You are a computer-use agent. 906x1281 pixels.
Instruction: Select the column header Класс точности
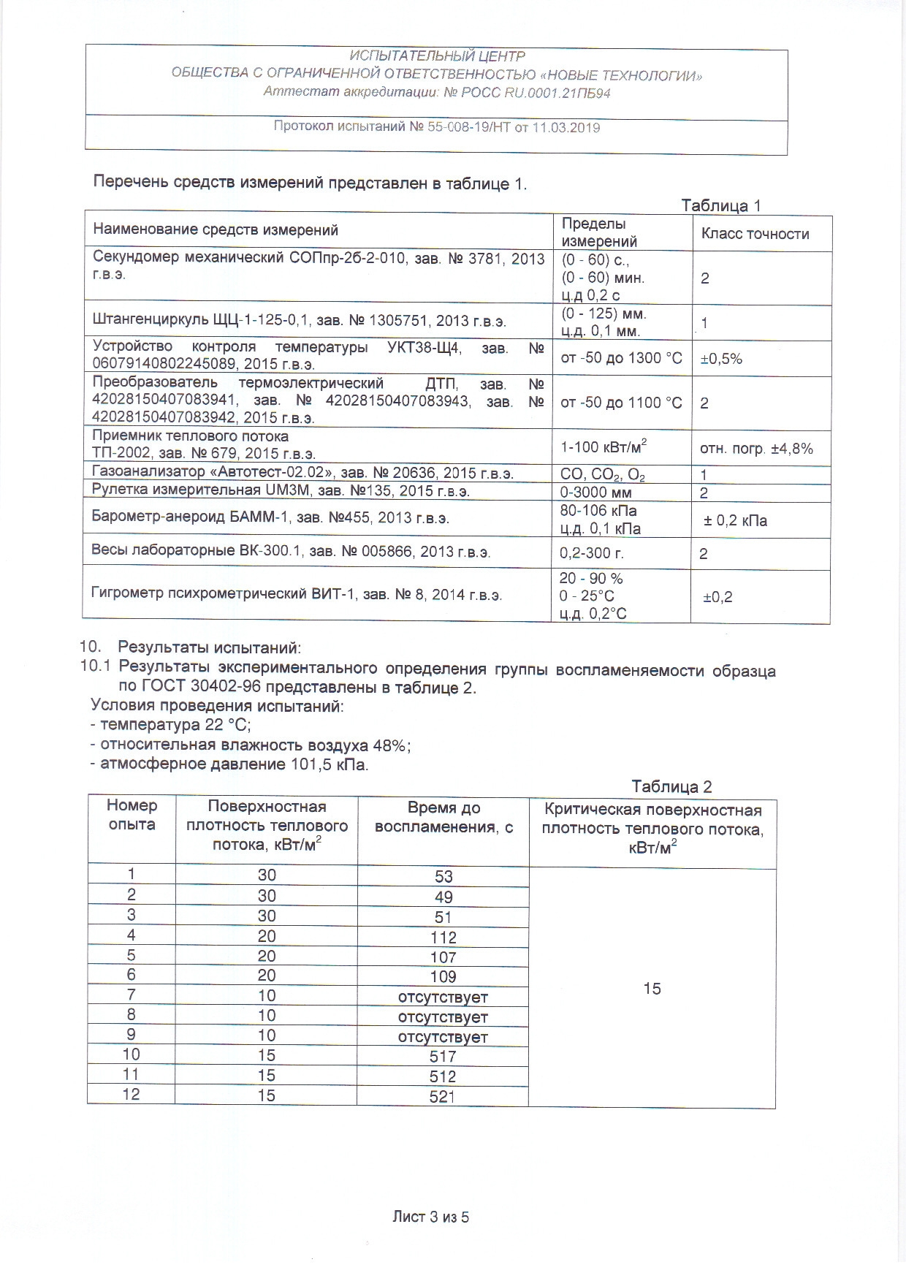pos(755,234)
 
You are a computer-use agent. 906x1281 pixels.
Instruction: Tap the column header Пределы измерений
pos(599,232)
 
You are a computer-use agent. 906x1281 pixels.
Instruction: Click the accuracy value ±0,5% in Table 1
pos(721,359)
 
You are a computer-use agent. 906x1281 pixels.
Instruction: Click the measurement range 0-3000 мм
pos(595,493)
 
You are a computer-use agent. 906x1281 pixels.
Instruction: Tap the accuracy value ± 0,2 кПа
pos(735,521)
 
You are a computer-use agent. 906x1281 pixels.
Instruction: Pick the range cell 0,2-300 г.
pos(592,553)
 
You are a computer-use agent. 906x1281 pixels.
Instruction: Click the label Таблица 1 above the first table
pos(720,205)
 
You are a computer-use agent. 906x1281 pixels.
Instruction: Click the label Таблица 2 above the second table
pos(671,786)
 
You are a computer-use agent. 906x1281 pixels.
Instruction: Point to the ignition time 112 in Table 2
pos(444,938)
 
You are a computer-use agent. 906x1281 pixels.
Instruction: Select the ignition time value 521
pos(443,1096)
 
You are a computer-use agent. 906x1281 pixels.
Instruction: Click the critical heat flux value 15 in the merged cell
pos(652,989)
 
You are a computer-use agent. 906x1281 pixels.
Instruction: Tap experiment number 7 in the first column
pos(132,995)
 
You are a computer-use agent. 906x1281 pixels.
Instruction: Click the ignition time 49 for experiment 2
pos(444,897)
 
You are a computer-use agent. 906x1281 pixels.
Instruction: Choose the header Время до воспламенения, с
pos(444,818)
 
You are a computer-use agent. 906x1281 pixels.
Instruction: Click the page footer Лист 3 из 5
pos(430,1217)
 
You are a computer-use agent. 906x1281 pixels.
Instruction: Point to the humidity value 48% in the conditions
pos(389,745)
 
